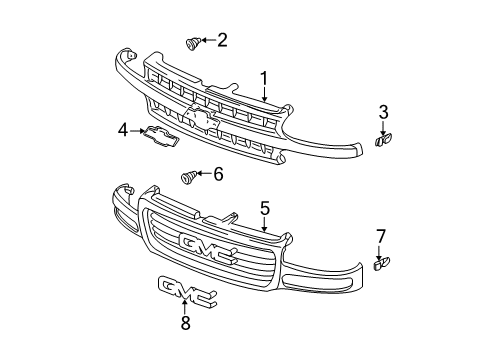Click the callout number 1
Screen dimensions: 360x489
pyautogui.click(x=265, y=77)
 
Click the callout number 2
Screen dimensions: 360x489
pyautogui.click(x=222, y=40)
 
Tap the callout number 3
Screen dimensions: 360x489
pyautogui.click(x=383, y=112)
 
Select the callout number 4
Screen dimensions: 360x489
pyautogui.click(x=123, y=129)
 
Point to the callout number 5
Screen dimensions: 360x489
pyautogui.click(x=265, y=208)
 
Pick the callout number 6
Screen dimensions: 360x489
pyautogui.click(x=217, y=174)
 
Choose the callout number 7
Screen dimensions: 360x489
pyautogui.click(x=381, y=236)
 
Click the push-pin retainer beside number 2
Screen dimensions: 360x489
pyautogui.click(x=193, y=41)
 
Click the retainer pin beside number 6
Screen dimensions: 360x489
pyautogui.click(x=188, y=176)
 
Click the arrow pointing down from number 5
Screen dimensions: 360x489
pyautogui.click(x=265, y=224)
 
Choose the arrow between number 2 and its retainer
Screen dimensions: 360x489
pyautogui.click(x=207, y=40)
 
